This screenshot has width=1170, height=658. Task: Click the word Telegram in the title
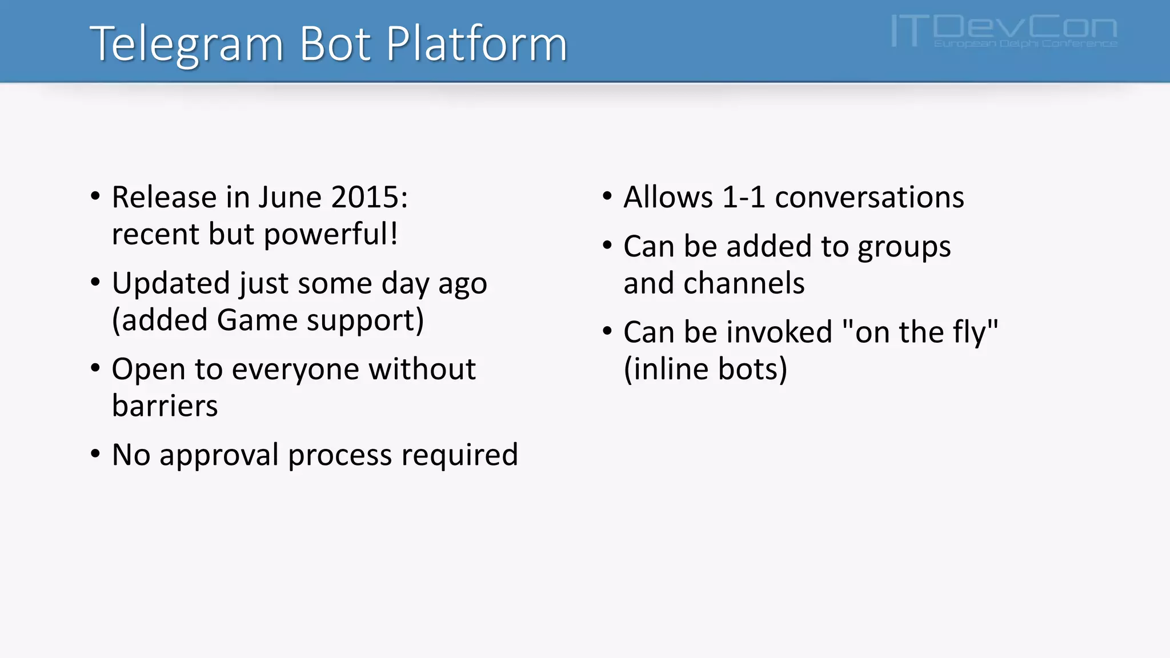(x=186, y=45)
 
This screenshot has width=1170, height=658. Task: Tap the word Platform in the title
(x=476, y=45)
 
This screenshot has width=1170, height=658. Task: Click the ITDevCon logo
(x=1003, y=31)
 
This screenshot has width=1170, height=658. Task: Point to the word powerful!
(x=331, y=235)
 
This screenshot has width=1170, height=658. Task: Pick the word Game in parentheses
(x=258, y=320)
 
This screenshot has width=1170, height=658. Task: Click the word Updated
(x=170, y=284)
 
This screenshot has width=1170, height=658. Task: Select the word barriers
(x=165, y=406)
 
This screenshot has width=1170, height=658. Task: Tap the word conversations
(x=869, y=198)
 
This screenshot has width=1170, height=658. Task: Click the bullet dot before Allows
(x=607, y=196)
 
